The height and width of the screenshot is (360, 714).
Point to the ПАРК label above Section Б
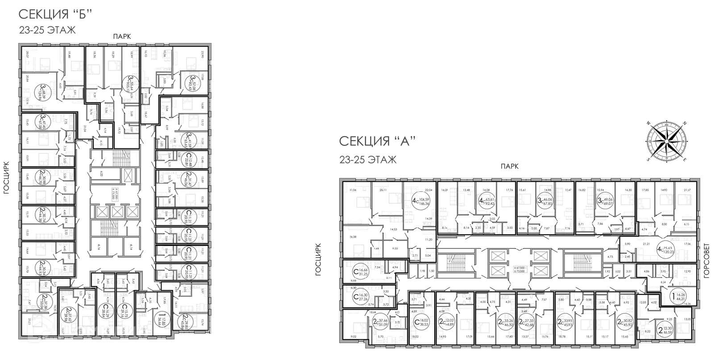click(121, 37)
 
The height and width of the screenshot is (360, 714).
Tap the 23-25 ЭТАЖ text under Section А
click(368, 160)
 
